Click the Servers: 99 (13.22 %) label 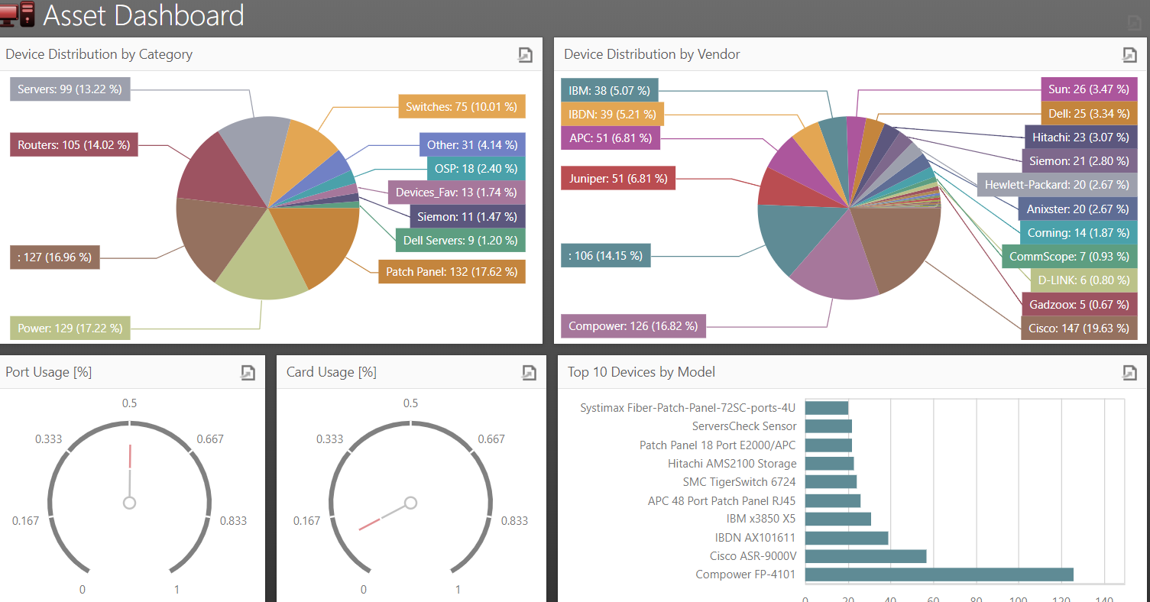(70, 89)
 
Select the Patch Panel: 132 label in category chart (451, 271)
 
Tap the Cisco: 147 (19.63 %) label (1078, 328)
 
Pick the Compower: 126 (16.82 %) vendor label (633, 326)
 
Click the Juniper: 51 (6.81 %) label (617, 179)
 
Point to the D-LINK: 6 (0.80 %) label (1083, 280)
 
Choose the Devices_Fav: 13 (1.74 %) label (456, 193)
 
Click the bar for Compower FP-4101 (939, 574)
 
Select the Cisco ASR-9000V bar (866, 556)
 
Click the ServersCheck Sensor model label (744, 426)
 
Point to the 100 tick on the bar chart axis (1018, 600)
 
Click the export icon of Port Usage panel (248, 372)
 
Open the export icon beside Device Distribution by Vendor (1129, 54)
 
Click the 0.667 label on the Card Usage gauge (491, 439)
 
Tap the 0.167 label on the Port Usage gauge (25, 521)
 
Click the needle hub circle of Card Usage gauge (410, 503)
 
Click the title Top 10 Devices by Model (641, 372)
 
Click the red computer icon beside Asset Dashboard (18, 15)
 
